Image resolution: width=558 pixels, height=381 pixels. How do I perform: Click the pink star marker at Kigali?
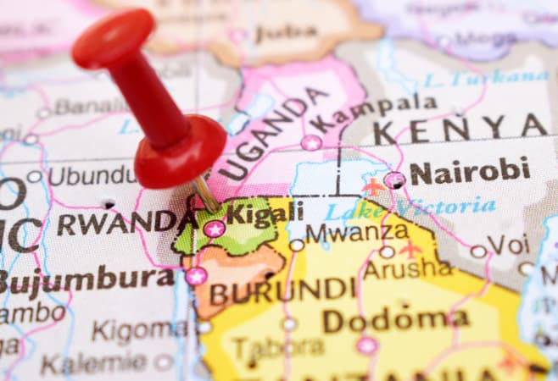pyautogui.click(x=214, y=229)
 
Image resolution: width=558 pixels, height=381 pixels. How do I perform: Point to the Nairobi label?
pyautogui.click(x=470, y=172)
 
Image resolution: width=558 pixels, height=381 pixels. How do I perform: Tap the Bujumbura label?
pyautogui.click(x=85, y=279)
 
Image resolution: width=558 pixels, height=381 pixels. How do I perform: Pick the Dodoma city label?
pyautogui.click(x=395, y=320)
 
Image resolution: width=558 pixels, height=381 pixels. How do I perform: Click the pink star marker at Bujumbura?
pyautogui.click(x=197, y=276)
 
